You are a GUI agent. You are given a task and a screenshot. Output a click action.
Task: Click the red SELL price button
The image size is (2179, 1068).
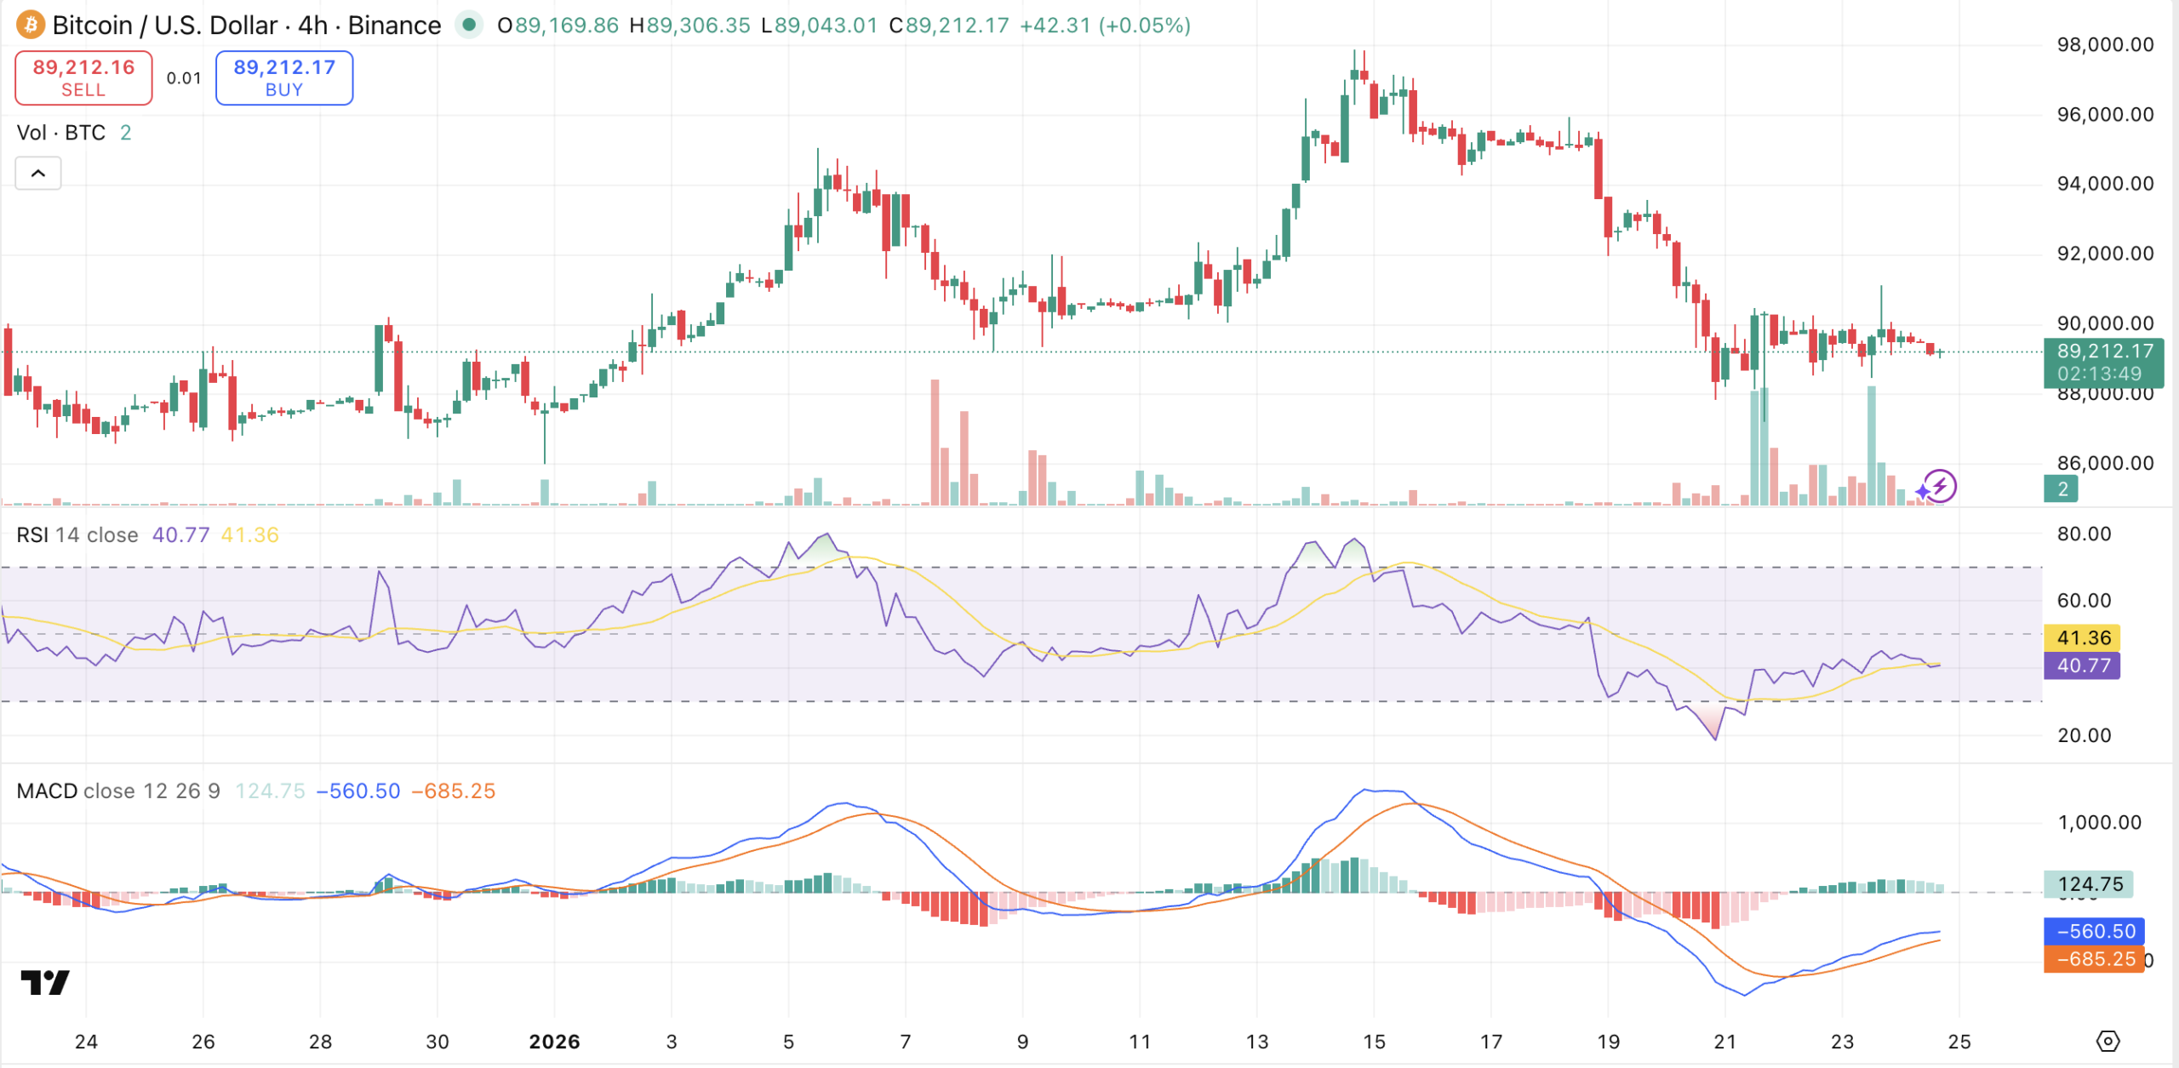coord(83,77)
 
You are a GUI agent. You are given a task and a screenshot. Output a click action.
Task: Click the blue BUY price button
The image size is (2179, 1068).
coord(284,77)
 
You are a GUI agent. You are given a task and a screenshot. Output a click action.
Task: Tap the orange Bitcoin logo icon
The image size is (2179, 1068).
coord(31,25)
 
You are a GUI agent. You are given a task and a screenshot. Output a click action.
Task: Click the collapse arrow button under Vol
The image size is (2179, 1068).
coord(38,174)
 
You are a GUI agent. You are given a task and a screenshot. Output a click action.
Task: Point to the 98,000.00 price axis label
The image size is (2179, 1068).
coord(2105,45)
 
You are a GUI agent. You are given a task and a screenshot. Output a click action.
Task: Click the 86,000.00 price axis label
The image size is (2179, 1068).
coord(2105,464)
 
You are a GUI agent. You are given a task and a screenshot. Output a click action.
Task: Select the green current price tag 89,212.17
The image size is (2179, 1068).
coord(2103,362)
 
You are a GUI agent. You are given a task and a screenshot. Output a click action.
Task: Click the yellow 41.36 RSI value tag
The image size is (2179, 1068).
coord(2084,637)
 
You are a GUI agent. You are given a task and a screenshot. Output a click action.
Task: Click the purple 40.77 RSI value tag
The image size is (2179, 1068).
coord(2084,665)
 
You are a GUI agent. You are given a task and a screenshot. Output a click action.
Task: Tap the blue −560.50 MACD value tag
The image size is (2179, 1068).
coord(2095,931)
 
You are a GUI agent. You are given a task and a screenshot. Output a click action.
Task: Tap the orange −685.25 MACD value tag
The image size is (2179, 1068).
coord(2095,959)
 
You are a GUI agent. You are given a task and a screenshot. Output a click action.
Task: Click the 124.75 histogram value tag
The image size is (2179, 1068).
coord(2090,884)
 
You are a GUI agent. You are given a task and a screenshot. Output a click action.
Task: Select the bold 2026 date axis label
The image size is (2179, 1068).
coord(554,1042)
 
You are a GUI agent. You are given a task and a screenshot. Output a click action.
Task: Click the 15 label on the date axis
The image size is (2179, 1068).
coord(1374,1042)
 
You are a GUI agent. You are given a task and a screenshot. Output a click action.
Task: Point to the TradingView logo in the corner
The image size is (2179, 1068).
coord(45,983)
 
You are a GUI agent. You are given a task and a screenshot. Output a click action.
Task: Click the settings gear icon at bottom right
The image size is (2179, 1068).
coord(2108,1041)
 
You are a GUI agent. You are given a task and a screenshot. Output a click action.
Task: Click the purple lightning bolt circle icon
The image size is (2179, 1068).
coord(1941,486)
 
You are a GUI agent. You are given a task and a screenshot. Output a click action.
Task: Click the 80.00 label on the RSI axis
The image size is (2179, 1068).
coord(2084,534)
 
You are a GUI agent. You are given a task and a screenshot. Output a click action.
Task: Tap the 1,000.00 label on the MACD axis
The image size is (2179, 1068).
coord(2099,822)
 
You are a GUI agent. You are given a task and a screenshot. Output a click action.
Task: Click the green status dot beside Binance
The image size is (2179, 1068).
coord(468,25)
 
